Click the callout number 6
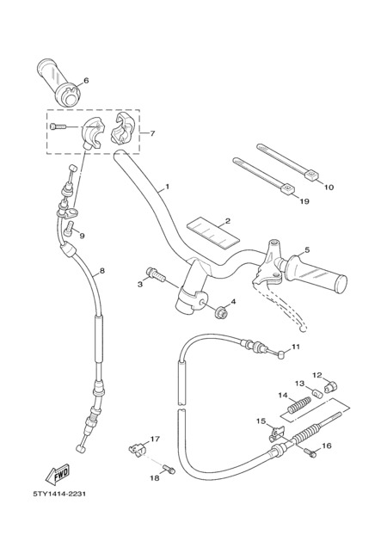(x=86, y=81)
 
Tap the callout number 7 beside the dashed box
(x=152, y=133)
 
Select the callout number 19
(x=304, y=201)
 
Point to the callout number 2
(x=228, y=221)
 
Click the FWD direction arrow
(x=58, y=474)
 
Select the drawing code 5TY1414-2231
(x=59, y=494)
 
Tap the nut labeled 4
(x=221, y=312)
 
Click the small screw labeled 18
(x=169, y=469)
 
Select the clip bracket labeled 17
(x=136, y=449)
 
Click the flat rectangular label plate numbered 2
(x=213, y=230)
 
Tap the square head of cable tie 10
(x=311, y=175)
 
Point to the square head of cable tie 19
(x=288, y=189)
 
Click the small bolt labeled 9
(x=69, y=226)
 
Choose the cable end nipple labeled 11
(x=281, y=355)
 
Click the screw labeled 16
(x=310, y=452)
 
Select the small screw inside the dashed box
(x=58, y=126)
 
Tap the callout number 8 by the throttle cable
(x=101, y=270)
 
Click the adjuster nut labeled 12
(x=331, y=386)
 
